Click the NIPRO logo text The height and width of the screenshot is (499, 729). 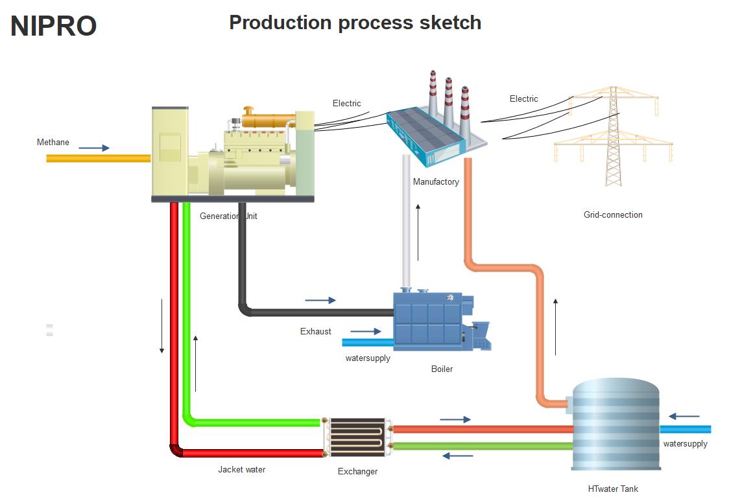point(54,26)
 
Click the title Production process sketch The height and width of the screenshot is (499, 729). point(355,23)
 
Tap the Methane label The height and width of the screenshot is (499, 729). point(53,143)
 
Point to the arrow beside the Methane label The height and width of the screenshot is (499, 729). point(94,148)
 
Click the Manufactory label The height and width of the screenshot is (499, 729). point(436,182)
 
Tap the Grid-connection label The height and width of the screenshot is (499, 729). point(613,215)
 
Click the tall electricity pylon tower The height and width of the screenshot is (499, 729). point(613,143)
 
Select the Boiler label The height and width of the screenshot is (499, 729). point(442,369)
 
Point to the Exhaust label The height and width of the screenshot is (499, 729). point(315,332)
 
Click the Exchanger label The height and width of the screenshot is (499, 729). point(357,472)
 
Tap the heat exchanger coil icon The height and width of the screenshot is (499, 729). point(357,437)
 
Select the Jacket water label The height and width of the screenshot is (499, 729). point(241,470)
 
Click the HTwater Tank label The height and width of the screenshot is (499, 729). point(613,489)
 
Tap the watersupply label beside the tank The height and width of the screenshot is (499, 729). point(685,444)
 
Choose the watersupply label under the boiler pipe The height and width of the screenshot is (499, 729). point(368,358)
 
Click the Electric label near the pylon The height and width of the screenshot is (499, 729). point(523,99)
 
